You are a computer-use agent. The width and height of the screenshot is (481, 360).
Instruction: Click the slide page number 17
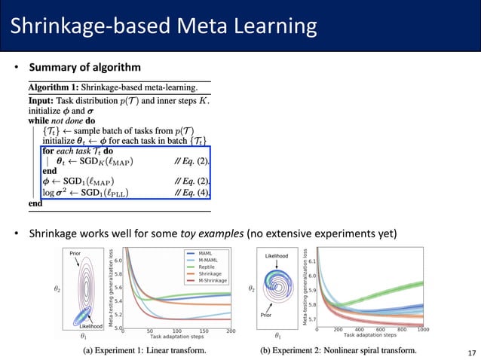472,352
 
